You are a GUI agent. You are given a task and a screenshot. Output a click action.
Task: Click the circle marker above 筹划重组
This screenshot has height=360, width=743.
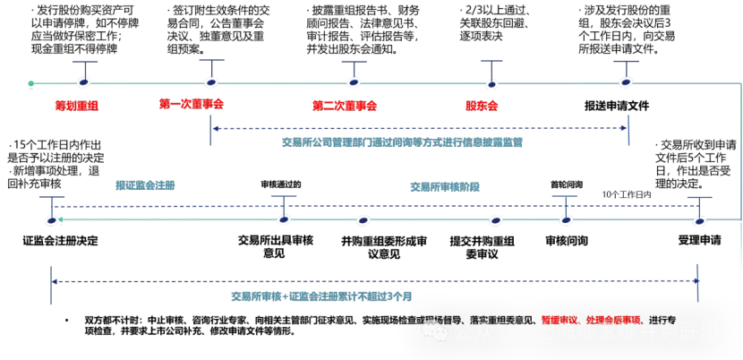click(x=83, y=82)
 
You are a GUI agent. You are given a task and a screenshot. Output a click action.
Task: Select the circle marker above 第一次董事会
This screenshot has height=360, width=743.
click(x=211, y=82)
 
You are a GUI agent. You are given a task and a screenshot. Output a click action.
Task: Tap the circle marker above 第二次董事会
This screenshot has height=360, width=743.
click(x=354, y=82)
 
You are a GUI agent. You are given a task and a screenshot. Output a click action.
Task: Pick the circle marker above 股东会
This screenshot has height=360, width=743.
click(x=491, y=84)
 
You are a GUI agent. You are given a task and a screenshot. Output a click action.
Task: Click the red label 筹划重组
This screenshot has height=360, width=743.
click(x=77, y=106)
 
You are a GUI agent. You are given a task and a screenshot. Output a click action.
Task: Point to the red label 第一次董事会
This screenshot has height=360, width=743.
click(x=192, y=104)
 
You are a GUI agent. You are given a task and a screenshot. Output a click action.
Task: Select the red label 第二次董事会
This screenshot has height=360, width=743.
click(x=345, y=106)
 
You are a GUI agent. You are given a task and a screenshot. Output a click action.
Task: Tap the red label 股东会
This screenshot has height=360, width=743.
click(x=481, y=106)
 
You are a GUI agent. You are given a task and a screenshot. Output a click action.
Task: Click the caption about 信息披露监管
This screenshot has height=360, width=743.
click(x=402, y=141)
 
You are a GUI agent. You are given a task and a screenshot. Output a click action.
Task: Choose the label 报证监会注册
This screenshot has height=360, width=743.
click(x=145, y=185)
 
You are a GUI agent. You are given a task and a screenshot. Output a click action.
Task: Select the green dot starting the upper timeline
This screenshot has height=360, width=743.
click(x=30, y=84)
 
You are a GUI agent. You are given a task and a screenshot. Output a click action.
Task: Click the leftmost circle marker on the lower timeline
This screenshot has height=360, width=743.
click(x=52, y=220)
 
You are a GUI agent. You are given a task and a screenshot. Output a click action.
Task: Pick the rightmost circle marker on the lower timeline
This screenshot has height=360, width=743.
click(x=698, y=219)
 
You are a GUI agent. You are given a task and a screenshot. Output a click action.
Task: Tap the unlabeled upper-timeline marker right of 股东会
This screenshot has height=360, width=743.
click(x=626, y=82)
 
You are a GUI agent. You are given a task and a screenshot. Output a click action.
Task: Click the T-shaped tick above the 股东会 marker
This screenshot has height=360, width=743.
click(x=491, y=64)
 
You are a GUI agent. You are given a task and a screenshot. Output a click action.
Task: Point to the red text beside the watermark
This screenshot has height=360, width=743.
click(x=591, y=319)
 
